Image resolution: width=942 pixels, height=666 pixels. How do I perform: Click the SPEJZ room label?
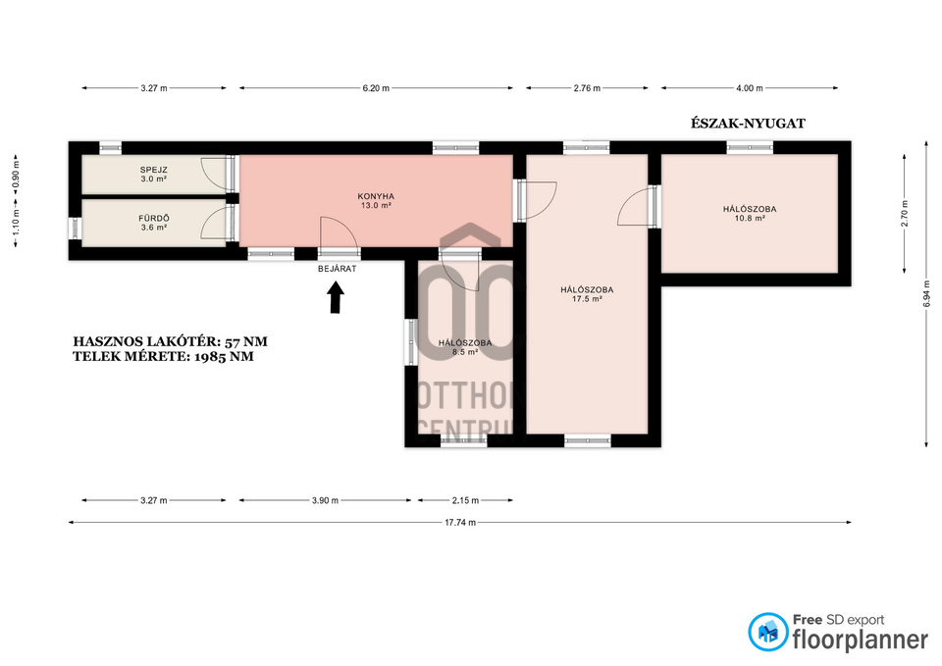point(154,170)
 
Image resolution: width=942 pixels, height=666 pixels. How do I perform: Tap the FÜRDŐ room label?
point(154,219)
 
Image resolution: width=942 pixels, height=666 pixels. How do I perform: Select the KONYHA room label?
point(376,196)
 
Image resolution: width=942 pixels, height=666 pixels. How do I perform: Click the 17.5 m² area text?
point(587,299)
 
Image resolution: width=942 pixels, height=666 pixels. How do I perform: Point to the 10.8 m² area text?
point(750,219)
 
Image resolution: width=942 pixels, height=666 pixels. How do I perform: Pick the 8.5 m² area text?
point(465,352)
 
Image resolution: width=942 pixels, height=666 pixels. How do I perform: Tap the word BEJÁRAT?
point(337,269)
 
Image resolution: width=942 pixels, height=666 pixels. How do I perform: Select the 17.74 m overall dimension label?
point(460,523)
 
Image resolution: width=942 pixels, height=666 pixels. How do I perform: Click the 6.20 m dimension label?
point(376,88)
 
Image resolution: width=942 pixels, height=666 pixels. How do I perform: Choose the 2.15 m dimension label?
point(465,500)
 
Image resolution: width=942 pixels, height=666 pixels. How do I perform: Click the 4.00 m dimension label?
point(750,88)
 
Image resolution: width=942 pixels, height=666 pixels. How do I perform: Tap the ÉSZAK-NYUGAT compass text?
point(748,124)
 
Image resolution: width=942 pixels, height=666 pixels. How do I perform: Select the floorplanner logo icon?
point(767,632)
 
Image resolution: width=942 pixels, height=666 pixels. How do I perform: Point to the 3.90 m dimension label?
point(325,500)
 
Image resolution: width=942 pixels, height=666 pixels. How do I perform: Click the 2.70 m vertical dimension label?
point(905,213)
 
